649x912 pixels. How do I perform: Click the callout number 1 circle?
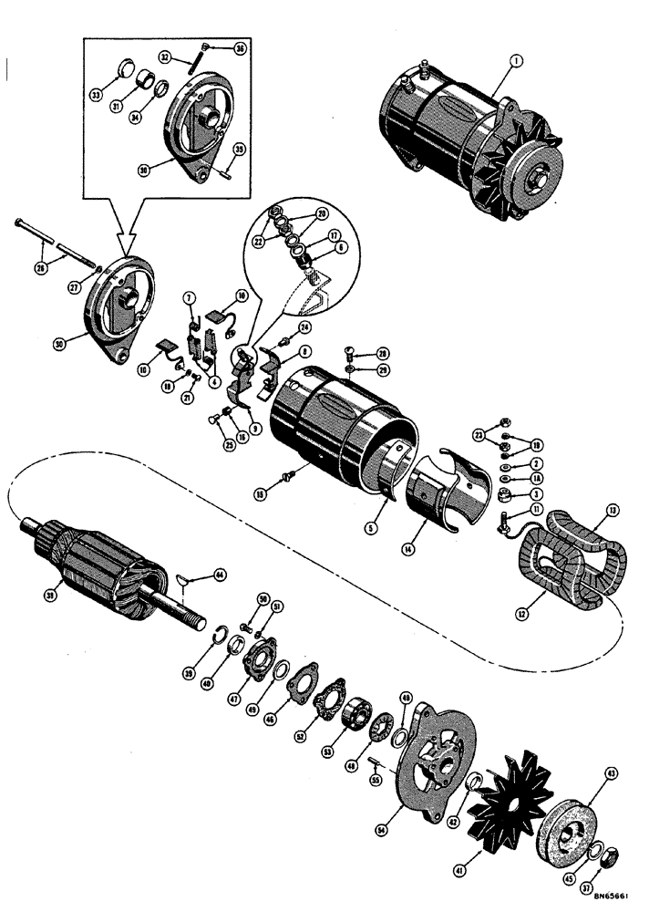click(x=515, y=62)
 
